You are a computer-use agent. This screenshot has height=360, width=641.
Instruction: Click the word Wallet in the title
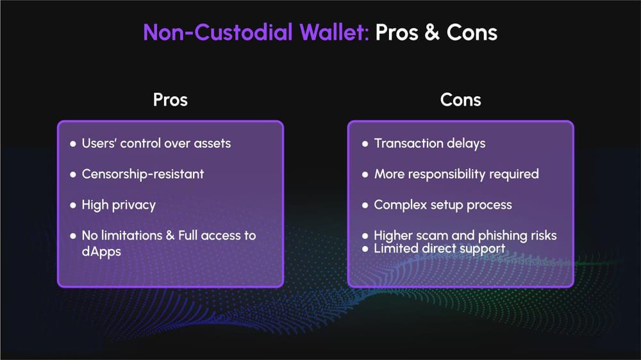333,32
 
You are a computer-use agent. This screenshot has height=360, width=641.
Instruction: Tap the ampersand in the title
432,32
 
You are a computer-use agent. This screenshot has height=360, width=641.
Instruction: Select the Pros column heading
170,100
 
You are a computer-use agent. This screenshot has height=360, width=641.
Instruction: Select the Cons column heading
460,100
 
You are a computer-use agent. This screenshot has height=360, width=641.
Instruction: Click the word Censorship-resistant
143,174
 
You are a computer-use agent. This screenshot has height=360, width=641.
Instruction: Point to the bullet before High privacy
73,205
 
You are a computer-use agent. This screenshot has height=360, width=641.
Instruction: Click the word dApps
101,251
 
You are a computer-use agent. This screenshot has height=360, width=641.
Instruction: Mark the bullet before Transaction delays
365,144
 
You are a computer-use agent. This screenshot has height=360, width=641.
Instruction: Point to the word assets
212,143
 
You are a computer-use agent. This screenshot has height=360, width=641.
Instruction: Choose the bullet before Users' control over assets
73,144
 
